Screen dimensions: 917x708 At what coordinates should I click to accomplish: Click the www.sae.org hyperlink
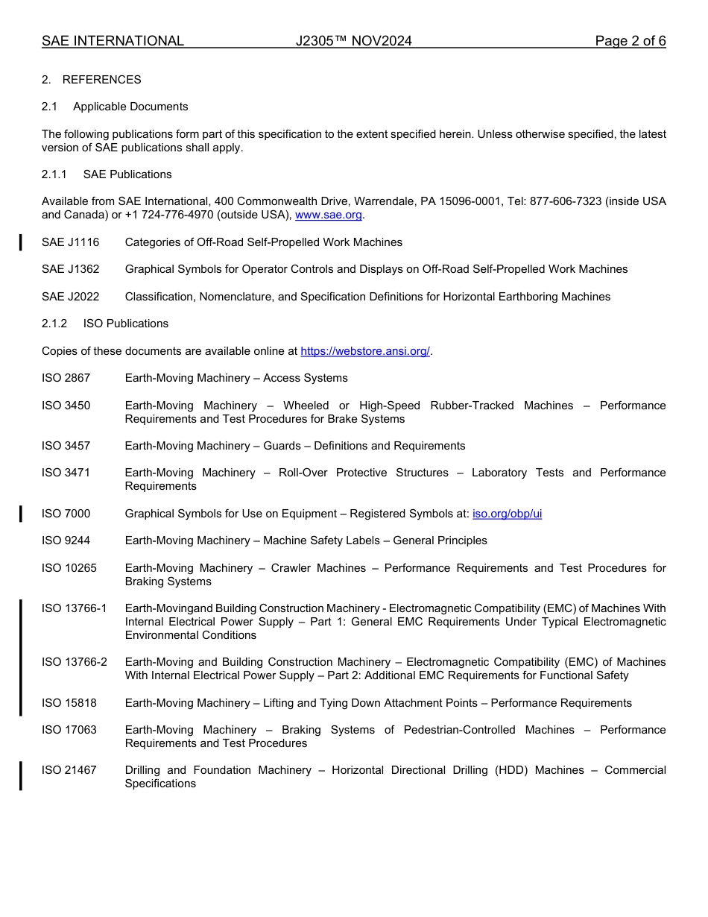(329, 215)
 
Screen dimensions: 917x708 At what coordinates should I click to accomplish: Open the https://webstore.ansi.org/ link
(365, 351)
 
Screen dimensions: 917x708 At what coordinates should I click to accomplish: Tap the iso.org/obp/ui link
(507, 514)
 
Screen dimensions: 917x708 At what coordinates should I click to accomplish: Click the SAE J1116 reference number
(70, 242)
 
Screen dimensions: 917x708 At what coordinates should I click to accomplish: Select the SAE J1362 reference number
(70, 269)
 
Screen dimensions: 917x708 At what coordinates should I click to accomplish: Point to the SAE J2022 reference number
(70, 297)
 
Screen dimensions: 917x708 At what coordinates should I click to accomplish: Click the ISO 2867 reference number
(66, 378)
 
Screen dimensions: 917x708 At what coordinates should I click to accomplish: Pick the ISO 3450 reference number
(66, 406)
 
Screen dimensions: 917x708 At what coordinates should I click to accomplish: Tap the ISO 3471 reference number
(66, 473)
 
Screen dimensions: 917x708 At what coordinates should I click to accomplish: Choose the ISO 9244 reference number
(66, 541)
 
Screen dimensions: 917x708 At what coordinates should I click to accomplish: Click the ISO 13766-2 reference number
(74, 662)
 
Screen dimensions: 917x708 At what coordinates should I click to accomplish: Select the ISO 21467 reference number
(69, 770)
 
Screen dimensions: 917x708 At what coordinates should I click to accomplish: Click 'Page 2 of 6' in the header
(630, 41)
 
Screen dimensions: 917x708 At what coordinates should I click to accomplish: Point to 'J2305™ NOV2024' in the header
(353, 41)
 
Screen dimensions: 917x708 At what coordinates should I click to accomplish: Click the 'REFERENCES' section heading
(101, 80)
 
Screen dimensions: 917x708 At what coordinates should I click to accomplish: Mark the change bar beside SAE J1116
(21, 242)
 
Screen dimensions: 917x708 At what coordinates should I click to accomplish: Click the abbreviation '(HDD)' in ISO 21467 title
(509, 770)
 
